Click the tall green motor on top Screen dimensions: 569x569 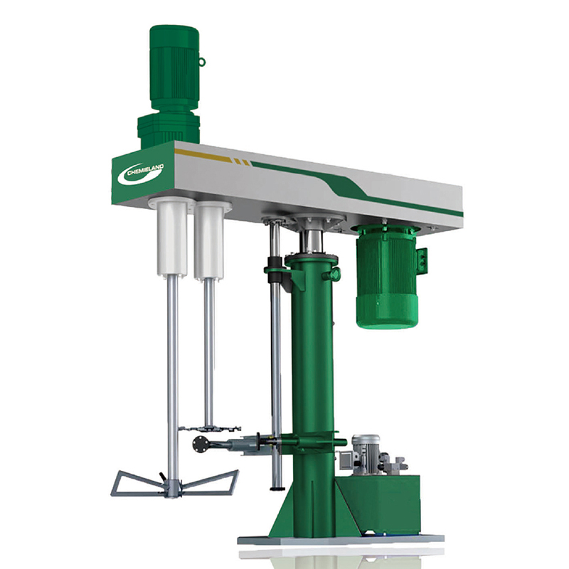coord(174,67)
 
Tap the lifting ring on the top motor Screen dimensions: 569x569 coord(202,62)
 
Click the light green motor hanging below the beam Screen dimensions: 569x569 coord(387,276)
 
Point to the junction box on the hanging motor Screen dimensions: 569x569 coord(422,260)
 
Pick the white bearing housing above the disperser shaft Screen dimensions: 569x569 coord(209,240)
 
